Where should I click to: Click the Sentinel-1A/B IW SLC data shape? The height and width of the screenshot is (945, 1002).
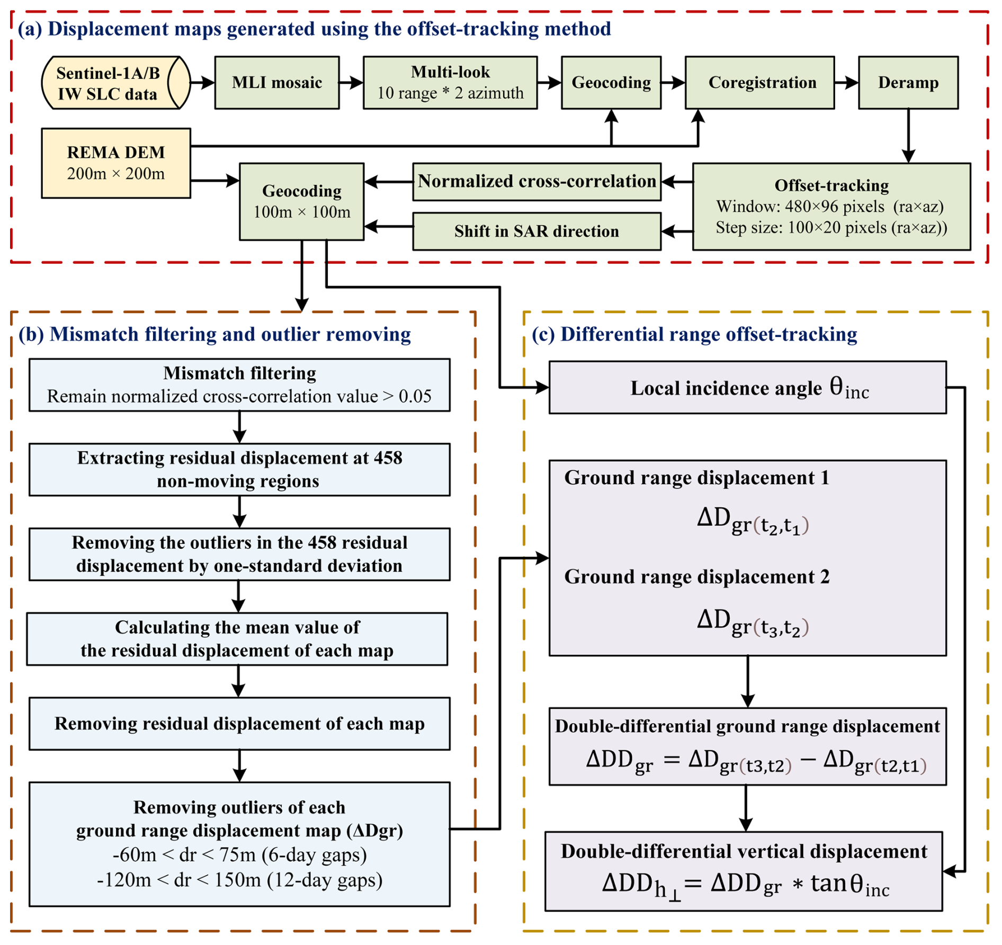click(115, 83)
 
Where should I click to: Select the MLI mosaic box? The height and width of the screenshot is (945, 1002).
click(276, 83)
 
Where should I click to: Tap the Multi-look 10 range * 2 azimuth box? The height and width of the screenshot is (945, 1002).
click(450, 83)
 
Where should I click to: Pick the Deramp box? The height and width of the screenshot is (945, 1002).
click(908, 83)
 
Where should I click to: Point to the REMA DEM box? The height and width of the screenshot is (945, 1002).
click(115, 163)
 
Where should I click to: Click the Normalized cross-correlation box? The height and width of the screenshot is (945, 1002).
click(536, 182)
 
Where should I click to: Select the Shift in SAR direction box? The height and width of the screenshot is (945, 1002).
click(536, 231)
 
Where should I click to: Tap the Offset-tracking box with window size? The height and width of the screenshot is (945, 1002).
click(831, 207)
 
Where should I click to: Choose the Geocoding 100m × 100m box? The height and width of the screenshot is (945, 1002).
click(301, 202)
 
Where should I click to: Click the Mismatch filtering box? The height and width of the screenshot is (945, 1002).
click(239, 385)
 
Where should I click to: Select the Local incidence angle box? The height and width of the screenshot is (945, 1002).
click(747, 388)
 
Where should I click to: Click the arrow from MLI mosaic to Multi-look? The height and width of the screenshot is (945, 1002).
click(351, 83)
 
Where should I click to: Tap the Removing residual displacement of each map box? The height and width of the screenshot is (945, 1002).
click(239, 724)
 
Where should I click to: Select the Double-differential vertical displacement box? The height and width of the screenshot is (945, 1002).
click(743, 871)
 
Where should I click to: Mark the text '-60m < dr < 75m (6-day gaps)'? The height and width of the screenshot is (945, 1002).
click(239, 854)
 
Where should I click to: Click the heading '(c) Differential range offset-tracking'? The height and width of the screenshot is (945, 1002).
click(694, 334)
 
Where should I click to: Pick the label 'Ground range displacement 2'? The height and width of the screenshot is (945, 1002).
click(696, 576)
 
